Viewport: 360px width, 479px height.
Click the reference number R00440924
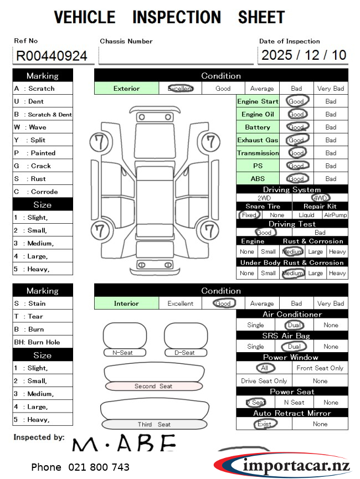(x=52, y=56)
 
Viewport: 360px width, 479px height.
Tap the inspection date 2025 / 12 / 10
(x=304, y=55)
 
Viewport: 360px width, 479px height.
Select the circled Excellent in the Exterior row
(x=181, y=88)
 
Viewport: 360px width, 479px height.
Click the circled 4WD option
(x=320, y=198)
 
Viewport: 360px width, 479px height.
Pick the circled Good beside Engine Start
(x=296, y=101)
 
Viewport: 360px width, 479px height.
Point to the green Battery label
(x=258, y=127)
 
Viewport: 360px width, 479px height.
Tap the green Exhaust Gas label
(x=258, y=140)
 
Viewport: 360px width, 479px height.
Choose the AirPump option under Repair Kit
(x=336, y=215)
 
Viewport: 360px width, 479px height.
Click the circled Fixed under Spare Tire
(x=249, y=215)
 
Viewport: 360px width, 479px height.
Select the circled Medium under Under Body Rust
(x=292, y=273)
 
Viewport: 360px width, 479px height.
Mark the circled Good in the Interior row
(x=223, y=303)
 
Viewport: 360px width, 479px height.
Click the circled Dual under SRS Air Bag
(x=293, y=347)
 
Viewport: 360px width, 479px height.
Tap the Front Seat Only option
(x=320, y=368)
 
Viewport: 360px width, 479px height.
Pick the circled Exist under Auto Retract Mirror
(x=264, y=424)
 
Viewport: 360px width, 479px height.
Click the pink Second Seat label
(x=153, y=386)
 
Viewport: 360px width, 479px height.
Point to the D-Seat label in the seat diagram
(x=185, y=353)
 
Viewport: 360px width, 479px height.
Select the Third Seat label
(x=154, y=424)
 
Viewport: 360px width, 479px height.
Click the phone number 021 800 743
(x=80, y=467)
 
